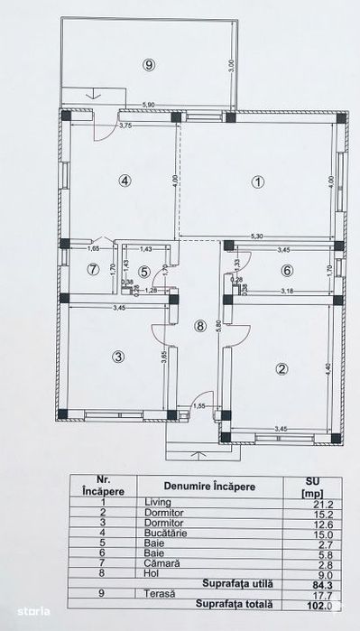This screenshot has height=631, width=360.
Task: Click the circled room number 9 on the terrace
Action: tap(149, 64)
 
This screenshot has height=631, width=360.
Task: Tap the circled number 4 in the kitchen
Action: tap(124, 181)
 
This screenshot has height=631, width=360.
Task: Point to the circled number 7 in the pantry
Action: tap(91, 269)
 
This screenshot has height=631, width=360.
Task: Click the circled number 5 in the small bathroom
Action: tap(144, 271)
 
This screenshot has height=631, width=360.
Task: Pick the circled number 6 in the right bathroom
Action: tap(287, 269)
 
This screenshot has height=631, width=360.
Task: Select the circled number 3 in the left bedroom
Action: tap(117, 357)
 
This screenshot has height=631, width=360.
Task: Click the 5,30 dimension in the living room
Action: tap(258, 236)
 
